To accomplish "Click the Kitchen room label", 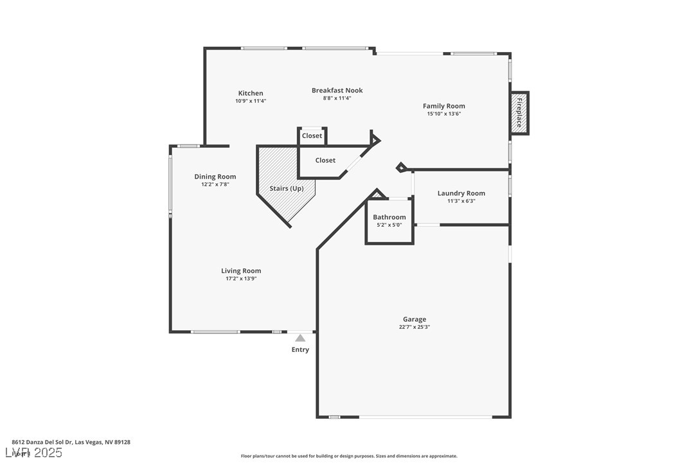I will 250,93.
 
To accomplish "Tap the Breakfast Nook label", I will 337,91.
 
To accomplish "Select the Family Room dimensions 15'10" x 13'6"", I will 443,114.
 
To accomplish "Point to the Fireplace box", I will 519,113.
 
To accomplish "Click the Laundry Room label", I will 461,193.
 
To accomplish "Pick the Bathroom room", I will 389,222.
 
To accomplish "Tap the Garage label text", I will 414,319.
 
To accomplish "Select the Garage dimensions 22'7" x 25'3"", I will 414,327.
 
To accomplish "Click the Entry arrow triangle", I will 300,338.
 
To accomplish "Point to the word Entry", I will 300,350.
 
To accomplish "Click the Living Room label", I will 241,271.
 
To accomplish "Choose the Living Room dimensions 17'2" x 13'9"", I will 241,279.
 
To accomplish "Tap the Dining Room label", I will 215,177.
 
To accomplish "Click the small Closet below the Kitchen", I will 312,136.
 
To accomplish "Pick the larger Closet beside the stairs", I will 325,161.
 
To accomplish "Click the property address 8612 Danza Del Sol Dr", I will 71,442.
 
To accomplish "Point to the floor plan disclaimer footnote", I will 349,456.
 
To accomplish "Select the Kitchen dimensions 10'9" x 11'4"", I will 250,101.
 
